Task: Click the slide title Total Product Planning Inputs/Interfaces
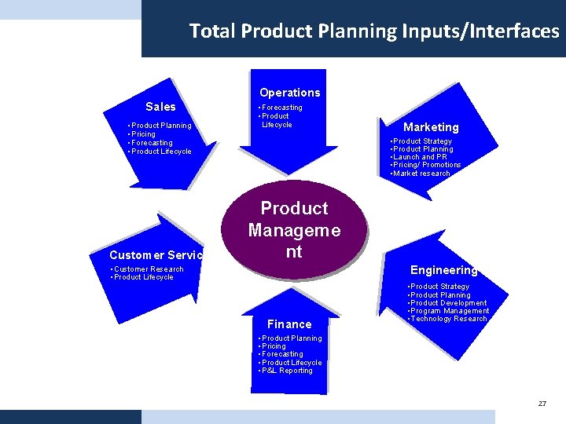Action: coord(374,31)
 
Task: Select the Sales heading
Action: coord(160,107)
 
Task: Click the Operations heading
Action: coord(289,93)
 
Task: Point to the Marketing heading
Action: coord(431,127)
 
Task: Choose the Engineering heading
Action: coord(443,270)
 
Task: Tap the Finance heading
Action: coord(289,324)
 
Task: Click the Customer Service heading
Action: coord(156,255)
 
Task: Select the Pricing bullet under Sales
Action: coord(143,134)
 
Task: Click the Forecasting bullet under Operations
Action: coord(281,108)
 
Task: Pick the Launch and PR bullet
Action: coord(420,157)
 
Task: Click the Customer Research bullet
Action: coord(148,269)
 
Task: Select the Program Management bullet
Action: coord(449,311)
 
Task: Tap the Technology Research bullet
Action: coord(448,319)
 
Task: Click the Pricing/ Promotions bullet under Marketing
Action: coord(426,165)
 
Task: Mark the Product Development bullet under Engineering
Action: coord(448,303)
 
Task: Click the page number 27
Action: coord(542,404)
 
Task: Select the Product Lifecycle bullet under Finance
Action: coord(291,363)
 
